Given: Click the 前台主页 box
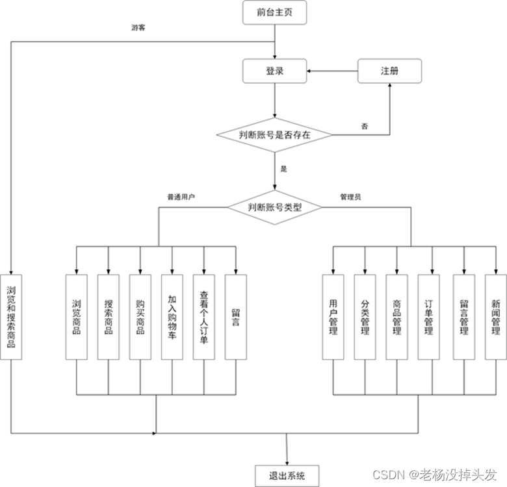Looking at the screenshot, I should pos(274,12).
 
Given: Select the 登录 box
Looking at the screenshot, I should pos(274,71).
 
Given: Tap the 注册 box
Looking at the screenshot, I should pos(389,71).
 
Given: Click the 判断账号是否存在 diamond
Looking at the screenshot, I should pos(274,135).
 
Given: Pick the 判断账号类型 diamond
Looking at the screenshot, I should pos(275,208).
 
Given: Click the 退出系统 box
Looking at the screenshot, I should pos(285,475).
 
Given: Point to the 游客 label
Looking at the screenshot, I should pos(138,28).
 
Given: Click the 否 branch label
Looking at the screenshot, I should pos(365,126).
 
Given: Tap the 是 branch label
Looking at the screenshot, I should pos(283,169).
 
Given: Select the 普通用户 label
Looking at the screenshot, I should pos(181,196).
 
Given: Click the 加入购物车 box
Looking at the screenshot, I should pos(172,317).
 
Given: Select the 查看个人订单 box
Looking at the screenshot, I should pos(204,317).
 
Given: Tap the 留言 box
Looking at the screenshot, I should pos(236,317).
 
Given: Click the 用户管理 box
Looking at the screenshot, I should pos(333,317).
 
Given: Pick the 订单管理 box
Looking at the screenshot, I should pos(429,317).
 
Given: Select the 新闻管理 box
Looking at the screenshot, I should pos(495,317).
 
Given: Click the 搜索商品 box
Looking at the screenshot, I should pos(109,317).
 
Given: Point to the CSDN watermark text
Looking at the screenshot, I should pos(443,474).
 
